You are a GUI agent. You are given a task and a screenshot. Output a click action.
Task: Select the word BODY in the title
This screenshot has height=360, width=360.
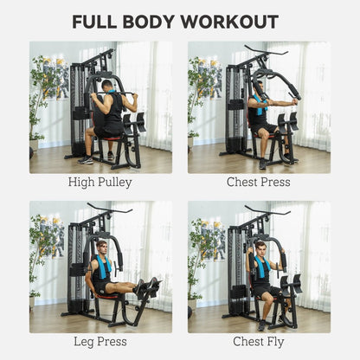(x=156, y=22)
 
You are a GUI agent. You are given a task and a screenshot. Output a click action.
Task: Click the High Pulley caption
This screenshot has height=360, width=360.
(x=100, y=183)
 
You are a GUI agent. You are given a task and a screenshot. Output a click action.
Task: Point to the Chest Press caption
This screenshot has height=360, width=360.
(x=259, y=183)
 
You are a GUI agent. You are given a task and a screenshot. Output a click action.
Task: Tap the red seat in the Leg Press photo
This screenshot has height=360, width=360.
(x=107, y=294)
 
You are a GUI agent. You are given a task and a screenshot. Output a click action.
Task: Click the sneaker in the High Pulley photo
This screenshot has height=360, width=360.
(x=85, y=160)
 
